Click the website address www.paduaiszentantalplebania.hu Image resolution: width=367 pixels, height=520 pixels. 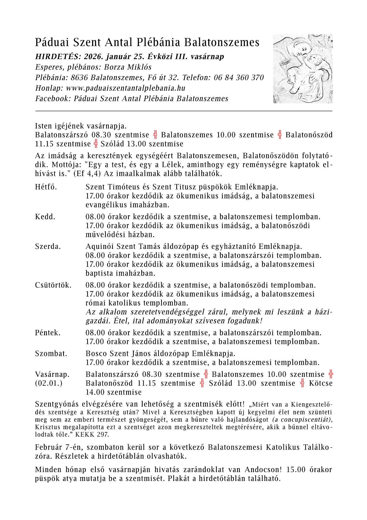(126, 88)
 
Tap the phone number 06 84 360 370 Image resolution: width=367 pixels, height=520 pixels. (238, 78)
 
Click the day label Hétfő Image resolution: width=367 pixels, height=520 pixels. (46, 187)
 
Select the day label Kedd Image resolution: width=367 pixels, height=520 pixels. (45, 217)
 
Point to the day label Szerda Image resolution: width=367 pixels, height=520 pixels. (48, 246)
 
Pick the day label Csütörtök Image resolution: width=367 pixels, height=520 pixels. (53, 285)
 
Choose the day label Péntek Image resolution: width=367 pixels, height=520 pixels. (48, 333)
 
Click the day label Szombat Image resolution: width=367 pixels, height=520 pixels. (51, 353)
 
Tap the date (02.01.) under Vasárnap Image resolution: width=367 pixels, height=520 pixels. (49, 383)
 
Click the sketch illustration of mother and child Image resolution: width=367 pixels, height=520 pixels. (303, 69)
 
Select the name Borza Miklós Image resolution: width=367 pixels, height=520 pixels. (128, 67)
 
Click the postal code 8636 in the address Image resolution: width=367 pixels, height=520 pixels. (79, 78)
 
